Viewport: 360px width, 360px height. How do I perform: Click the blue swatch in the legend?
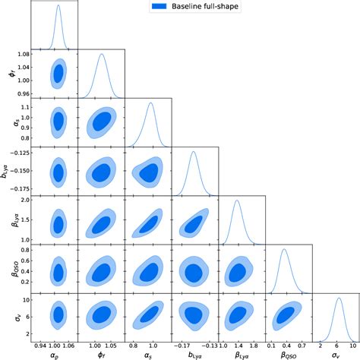(x=160, y=7)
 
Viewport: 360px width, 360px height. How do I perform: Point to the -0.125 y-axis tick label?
(x=15, y=153)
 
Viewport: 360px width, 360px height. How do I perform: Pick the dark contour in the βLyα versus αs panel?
(x=150, y=221)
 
